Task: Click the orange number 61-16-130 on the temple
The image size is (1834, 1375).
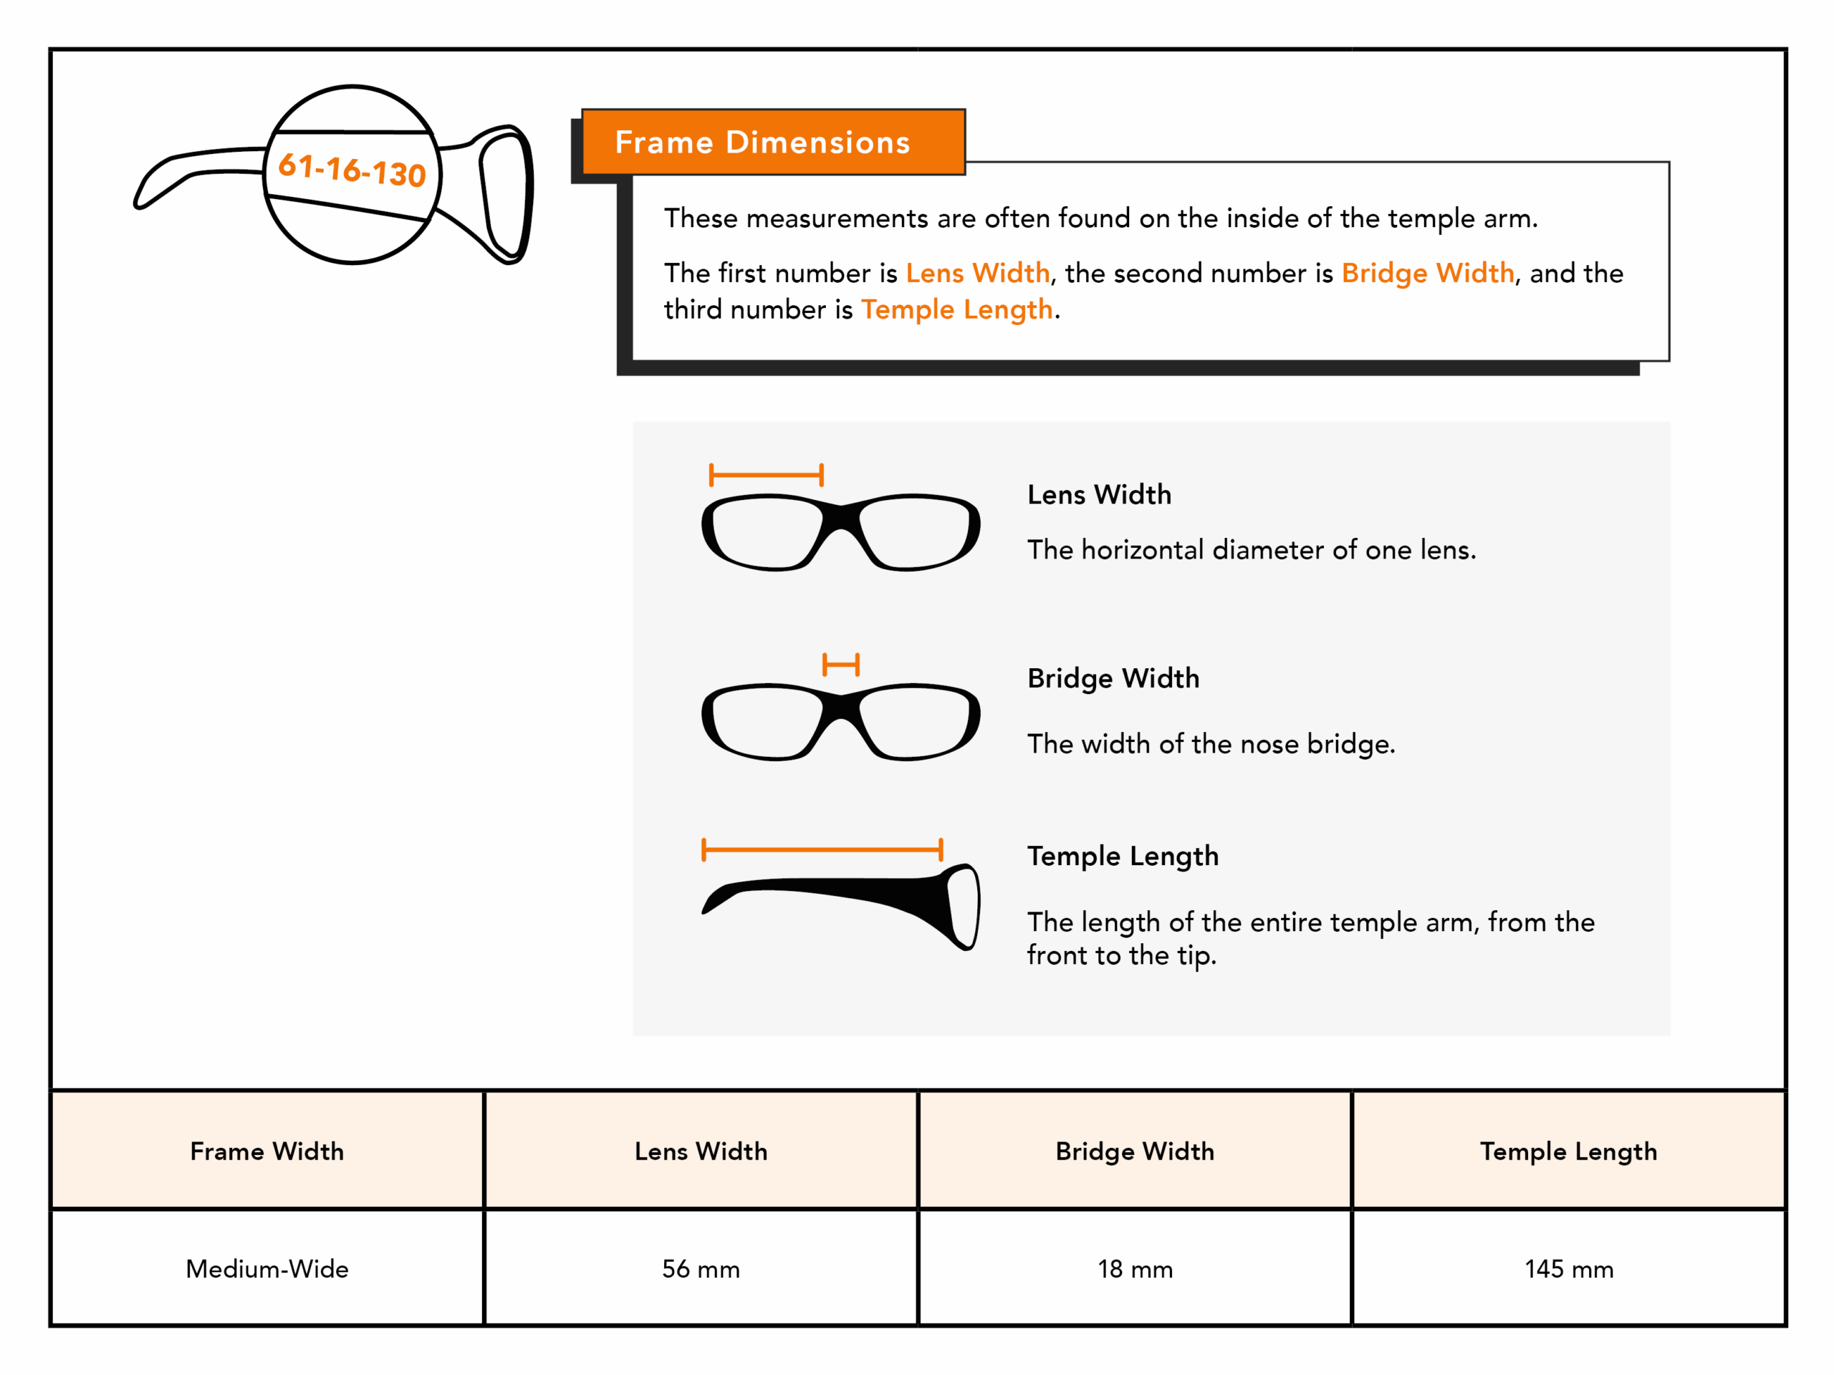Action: coord(352,170)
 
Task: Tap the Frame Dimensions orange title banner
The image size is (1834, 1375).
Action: coord(773,142)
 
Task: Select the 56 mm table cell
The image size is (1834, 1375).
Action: coord(701,1268)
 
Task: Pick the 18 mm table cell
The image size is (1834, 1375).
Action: coord(1135,1268)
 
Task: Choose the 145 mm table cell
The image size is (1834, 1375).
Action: coord(1569,1268)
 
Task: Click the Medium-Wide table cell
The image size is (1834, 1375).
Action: coord(267,1268)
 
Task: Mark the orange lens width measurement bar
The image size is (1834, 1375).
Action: coord(766,475)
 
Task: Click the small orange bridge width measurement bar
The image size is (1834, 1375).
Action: coord(841,665)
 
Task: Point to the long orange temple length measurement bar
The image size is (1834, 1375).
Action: coord(822,849)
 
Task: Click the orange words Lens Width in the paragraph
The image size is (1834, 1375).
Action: coord(977,273)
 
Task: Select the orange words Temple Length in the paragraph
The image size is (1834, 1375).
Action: coord(957,309)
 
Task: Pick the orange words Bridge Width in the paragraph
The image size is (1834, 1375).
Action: coord(1428,273)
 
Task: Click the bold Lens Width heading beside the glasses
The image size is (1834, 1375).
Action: coord(1100,495)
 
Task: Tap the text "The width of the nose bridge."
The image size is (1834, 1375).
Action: coord(1211,743)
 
